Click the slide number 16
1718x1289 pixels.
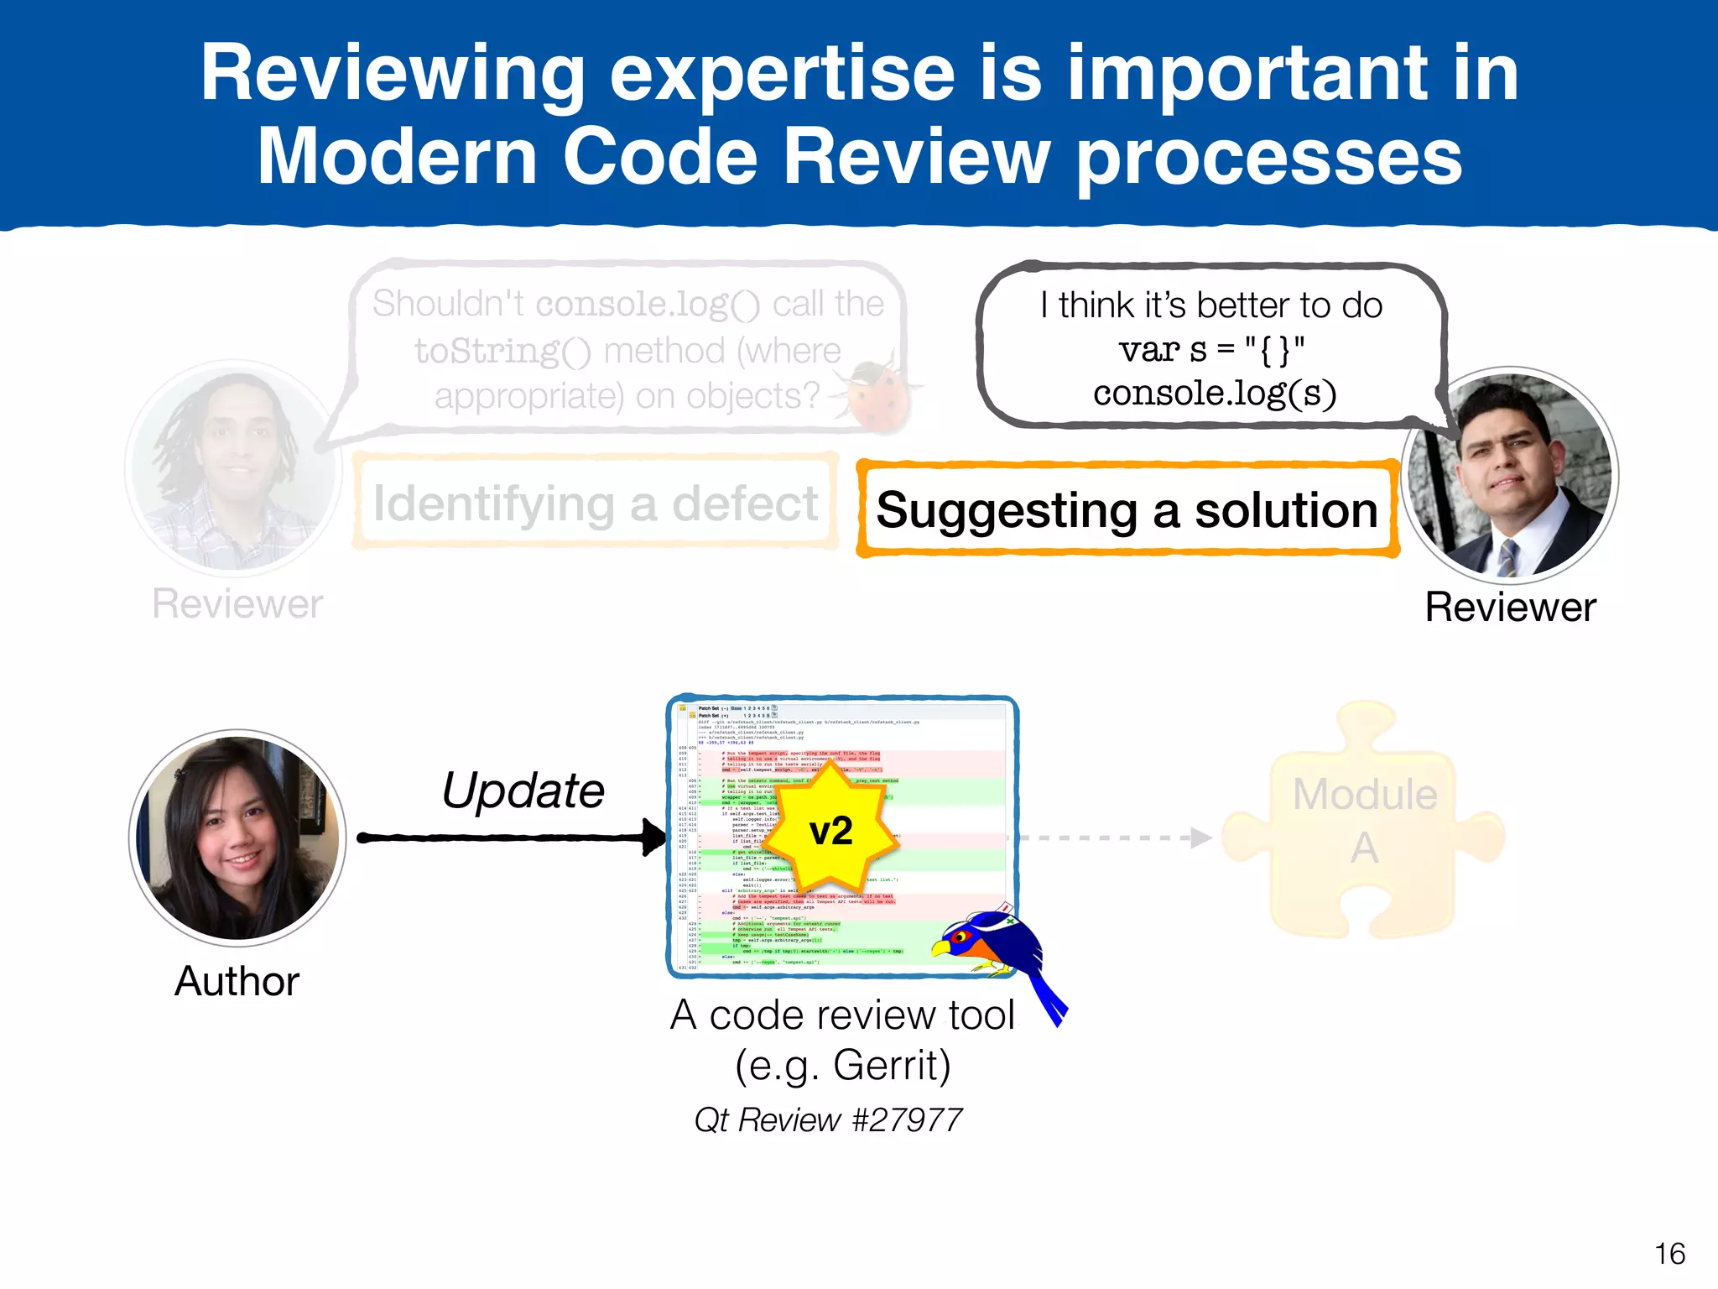[x=1669, y=1254]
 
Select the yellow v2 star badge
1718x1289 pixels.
[x=830, y=831]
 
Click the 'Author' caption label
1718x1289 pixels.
[x=237, y=981]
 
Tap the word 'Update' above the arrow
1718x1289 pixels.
[x=523, y=791]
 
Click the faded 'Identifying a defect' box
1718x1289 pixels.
[x=596, y=504]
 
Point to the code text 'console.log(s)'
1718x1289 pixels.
[x=1214, y=394]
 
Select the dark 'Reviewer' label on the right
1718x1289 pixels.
[x=1510, y=607]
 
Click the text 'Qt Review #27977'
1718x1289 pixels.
[x=828, y=1120]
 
